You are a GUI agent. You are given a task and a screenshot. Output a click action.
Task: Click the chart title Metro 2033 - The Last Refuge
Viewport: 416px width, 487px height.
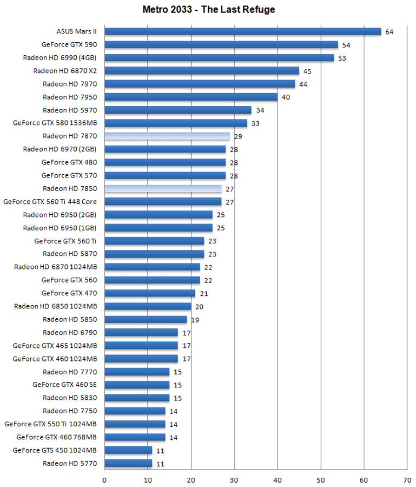click(x=209, y=9)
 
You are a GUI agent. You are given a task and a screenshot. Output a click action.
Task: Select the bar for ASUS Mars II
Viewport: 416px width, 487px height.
click(x=242, y=31)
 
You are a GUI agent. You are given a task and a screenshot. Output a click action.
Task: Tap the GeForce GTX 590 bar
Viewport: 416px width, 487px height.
click(x=221, y=44)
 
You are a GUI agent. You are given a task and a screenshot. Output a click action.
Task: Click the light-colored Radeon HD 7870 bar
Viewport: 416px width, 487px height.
click(x=167, y=136)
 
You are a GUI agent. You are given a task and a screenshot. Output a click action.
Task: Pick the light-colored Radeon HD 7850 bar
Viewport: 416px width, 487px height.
click(x=163, y=188)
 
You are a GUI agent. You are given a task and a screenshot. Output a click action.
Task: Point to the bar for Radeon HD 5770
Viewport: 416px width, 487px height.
click(x=128, y=463)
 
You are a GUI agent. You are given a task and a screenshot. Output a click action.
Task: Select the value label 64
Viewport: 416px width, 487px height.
click(x=389, y=32)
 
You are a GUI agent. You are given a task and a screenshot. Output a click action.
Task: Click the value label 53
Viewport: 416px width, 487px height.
click(x=342, y=58)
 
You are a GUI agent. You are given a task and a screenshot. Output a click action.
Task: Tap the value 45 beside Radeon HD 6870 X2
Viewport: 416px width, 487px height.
click(x=307, y=71)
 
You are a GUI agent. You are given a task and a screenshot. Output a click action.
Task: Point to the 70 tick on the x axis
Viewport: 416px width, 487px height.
click(x=407, y=480)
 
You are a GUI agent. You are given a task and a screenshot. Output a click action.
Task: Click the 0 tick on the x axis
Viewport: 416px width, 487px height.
click(x=105, y=480)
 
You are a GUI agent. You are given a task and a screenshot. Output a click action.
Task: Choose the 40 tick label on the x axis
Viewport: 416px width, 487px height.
click(x=277, y=480)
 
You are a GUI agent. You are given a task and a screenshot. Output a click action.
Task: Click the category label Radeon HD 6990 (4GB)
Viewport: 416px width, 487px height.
click(x=60, y=58)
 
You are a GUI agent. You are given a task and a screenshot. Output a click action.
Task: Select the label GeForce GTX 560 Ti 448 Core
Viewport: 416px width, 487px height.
click(x=50, y=202)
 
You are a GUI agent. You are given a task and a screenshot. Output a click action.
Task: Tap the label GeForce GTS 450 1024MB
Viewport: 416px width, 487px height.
click(x=55, y=450)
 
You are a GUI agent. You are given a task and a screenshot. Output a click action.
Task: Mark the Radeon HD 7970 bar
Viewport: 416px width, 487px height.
click(x=200, y=84)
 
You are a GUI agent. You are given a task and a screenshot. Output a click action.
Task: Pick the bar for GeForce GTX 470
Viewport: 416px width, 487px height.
click(x=150, y=293)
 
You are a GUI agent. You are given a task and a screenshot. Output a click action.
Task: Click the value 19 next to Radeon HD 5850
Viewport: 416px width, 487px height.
click(x=195, y=320)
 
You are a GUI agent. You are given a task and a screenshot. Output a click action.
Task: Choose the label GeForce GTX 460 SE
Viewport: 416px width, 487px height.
click(x=65, y=385)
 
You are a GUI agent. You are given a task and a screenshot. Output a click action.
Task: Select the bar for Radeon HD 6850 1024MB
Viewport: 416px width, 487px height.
click(x=147, y=306)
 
